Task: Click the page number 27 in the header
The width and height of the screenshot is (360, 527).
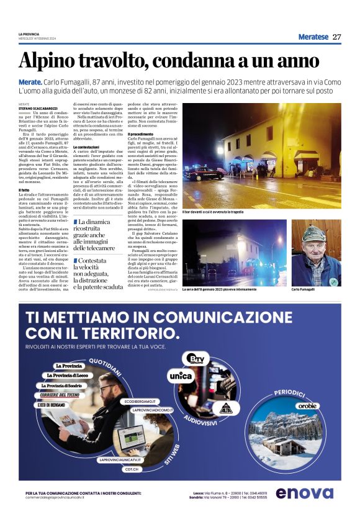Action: click(x=337, y=37)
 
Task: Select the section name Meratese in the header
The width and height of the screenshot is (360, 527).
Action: click(x=313, y=37)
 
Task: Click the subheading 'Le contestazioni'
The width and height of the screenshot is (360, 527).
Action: click(x=86, y=146)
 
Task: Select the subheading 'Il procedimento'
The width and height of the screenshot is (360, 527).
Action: click(x=140, y=134)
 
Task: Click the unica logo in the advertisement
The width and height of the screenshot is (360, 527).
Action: click(x=181, y=376)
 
